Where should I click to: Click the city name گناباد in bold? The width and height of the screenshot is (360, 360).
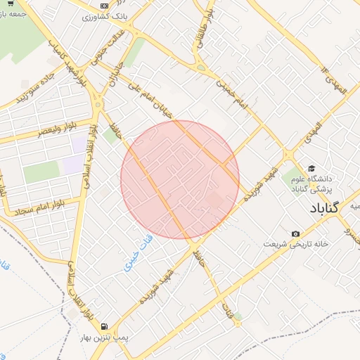coord(323,208)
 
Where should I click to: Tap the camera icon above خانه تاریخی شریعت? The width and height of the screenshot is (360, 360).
coord(295,233)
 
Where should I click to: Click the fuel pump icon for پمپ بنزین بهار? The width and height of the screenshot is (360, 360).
coord(104,327)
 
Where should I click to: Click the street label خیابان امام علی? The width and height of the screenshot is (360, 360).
coord(148,98)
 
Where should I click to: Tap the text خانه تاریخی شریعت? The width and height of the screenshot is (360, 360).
coord(296,243)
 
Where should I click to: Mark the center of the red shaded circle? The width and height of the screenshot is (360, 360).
coord(180,180)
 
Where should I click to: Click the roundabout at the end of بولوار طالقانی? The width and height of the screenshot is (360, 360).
coord(202,69)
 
